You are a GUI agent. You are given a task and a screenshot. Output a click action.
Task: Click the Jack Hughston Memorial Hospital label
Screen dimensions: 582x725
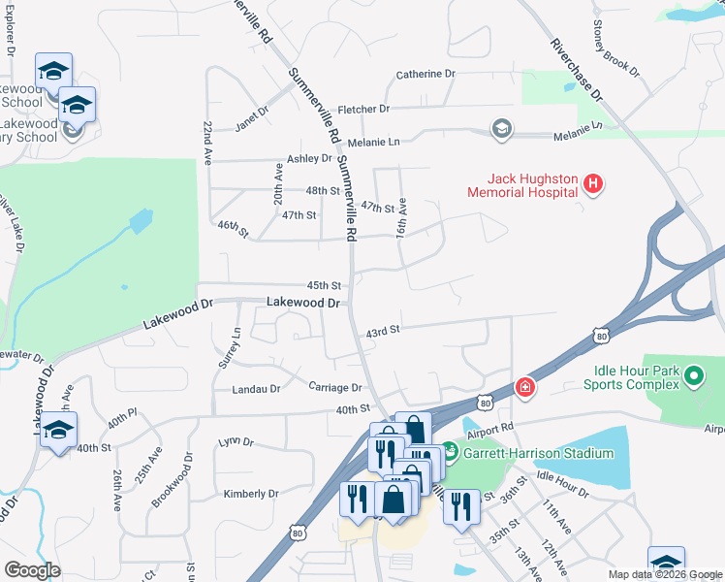[532, 185]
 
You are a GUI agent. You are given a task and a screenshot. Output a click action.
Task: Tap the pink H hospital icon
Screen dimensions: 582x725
[594, 182]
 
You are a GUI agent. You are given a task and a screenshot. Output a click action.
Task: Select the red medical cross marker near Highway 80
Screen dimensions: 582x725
[525, 388]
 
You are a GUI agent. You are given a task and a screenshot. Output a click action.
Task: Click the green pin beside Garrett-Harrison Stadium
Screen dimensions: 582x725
[449, 452]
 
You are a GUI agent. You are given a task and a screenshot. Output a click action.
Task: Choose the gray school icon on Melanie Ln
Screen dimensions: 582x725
[501, 129]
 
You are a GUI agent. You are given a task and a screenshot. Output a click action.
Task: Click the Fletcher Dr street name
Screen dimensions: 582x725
[362, 110]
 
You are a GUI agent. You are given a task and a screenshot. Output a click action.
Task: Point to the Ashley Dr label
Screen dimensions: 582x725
[309, 158]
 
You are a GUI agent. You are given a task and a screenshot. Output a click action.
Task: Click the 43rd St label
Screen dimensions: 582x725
[383, 332]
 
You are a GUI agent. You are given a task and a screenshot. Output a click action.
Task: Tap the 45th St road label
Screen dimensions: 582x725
[324, 285]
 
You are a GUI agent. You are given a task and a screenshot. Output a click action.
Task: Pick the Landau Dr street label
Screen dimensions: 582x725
[256, 389]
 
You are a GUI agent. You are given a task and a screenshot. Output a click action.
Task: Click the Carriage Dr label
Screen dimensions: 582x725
[335, 387]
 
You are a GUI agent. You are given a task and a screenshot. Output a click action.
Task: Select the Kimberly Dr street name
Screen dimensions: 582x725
[251, 494]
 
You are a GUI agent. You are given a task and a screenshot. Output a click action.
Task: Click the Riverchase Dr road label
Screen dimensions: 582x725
[576, 70]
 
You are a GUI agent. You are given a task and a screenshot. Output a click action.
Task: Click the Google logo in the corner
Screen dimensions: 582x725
[32, 570]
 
